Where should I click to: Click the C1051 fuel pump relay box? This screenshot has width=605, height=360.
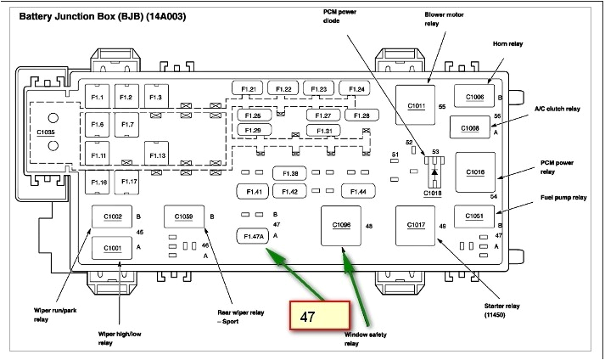coord(473,217)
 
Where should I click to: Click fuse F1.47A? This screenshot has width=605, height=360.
coord(253,235)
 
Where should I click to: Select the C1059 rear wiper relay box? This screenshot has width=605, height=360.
coord(184,217)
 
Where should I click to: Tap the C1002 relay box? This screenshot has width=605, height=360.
coord(113,217)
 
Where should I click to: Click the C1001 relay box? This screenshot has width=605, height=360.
coord(113,247)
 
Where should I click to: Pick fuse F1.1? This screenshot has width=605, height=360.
coord(98,98)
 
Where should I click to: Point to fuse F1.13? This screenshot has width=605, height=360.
coord(157,155)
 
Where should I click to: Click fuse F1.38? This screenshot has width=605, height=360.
coord(290,173)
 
